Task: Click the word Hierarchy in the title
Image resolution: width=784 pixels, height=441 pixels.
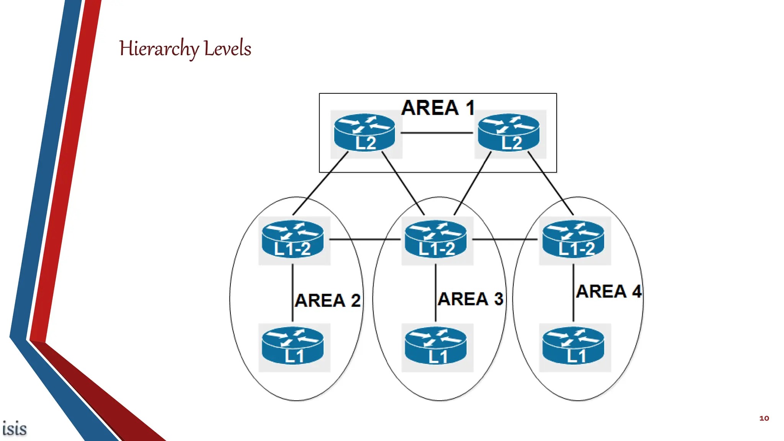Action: click(x=159, y=49)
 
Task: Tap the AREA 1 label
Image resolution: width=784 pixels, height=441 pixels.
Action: click(x=438, y=108)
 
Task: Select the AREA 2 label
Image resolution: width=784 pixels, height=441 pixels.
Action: click(x=328, y=301)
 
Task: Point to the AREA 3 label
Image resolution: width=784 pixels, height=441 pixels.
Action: click(x=470, y=299)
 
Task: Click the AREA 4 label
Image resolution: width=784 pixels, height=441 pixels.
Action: click(x=609, y=292)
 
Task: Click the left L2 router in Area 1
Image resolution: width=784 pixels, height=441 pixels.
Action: click(x=365, y=133)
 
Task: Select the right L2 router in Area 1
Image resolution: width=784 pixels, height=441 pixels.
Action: click(x=509, y=133)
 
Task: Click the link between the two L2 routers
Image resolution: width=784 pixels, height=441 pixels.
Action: click(x=437, y=133)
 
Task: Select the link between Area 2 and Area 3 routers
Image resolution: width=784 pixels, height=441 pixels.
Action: click(x=364, y=240)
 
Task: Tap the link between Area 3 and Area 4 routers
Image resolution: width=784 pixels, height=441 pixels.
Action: click(x=505, y=240)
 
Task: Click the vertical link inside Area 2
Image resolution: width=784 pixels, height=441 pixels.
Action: click(x=293, y=293)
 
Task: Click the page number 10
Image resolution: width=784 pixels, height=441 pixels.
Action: click(x=764, y=418)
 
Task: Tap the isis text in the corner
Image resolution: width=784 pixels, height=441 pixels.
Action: click(x=15, y=429)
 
